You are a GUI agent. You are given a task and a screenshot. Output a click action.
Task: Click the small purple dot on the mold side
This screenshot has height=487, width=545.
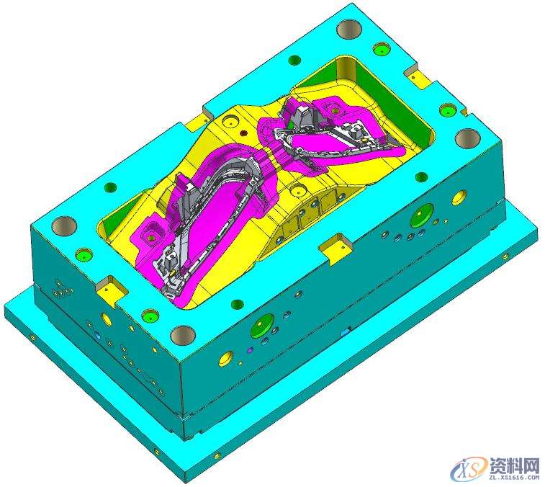click(249, 350)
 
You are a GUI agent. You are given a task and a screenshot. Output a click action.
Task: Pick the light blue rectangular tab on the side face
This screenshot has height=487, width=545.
click(346, 333)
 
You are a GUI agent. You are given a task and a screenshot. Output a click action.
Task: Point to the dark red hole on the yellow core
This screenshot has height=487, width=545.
click(243, 133)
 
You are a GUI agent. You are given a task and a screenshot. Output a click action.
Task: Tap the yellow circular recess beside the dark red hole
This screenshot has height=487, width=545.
click(230, 122)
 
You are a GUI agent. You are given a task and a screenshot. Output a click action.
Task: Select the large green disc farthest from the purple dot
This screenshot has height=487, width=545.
click(422, 213)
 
